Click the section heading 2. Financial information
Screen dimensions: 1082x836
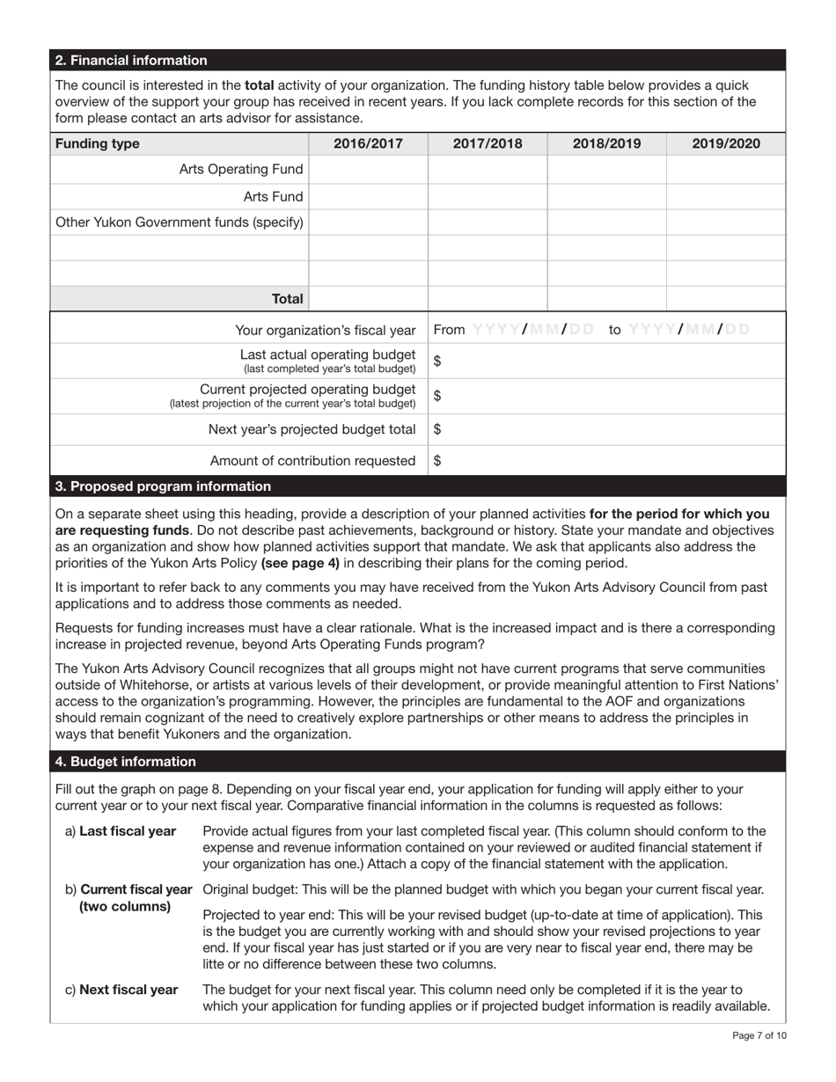131,61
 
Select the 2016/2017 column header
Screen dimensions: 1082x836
368,143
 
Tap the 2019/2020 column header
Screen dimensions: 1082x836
725,143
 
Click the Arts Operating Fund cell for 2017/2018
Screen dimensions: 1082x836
487,170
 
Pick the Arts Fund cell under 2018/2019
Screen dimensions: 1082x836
605,197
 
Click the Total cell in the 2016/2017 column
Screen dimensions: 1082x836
368,299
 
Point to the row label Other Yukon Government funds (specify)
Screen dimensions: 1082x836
180,223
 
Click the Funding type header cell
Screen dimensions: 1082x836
97,143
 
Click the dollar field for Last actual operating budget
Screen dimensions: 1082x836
607,362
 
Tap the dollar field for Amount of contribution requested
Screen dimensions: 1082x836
607,460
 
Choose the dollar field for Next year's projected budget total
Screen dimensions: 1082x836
607,429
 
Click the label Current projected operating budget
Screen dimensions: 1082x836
307,389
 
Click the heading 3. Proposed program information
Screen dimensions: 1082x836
163,486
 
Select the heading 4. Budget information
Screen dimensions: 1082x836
125,762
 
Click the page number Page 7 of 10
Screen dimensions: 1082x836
759,1035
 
